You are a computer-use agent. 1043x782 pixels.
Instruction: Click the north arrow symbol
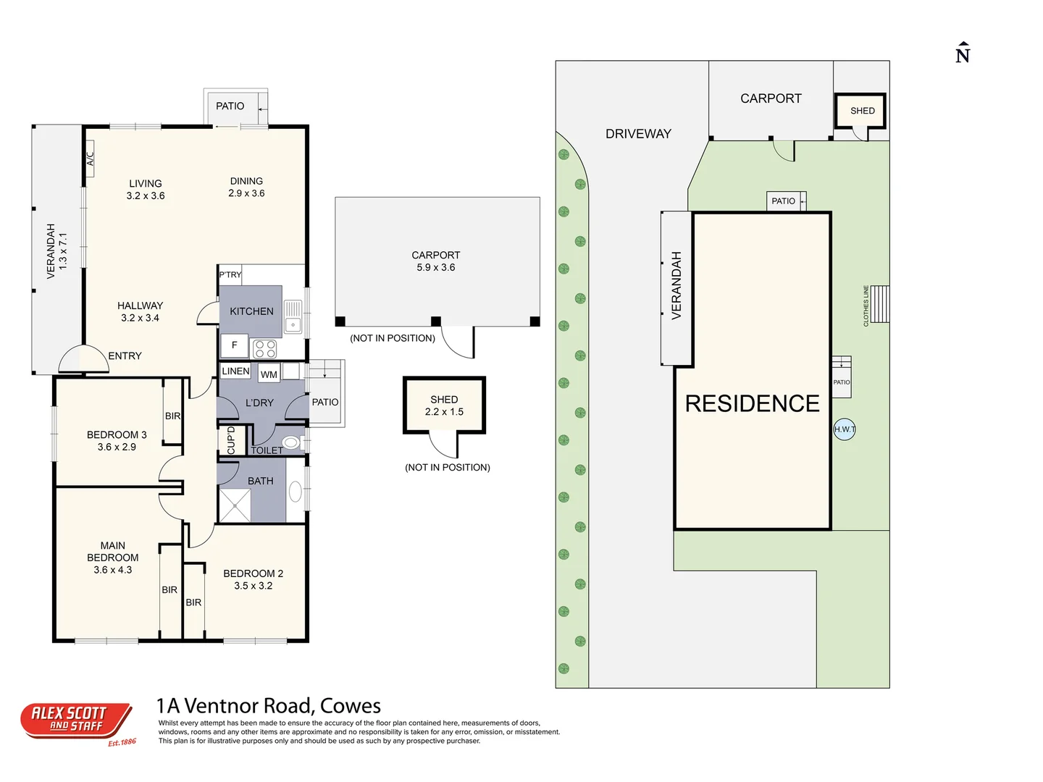[962, 53]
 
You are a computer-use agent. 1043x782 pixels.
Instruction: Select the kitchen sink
[293, 316]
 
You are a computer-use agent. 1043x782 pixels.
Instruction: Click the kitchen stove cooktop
[264, 349]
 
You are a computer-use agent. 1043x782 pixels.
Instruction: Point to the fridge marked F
[234, 345]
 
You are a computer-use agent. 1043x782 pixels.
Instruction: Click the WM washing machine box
[269, 374]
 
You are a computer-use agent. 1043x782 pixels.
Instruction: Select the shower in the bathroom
[235, 505]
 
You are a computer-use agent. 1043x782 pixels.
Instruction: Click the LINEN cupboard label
[235, 371]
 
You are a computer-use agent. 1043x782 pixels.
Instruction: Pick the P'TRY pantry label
[230, 274]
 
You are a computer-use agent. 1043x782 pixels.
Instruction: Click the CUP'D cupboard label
[231, 441]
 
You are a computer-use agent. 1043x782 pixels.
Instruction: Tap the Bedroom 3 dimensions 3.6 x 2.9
[117, 447]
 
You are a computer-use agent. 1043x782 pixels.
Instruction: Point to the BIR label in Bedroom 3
[173, 416]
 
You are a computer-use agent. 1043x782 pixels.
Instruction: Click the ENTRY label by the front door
[125, 356]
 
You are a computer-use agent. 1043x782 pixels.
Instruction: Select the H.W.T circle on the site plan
[845, 429]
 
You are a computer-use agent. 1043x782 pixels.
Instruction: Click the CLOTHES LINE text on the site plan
[866, 306]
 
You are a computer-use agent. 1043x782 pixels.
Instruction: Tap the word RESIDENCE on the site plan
[753, 403]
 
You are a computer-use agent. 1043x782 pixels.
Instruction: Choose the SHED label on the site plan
[863, 111]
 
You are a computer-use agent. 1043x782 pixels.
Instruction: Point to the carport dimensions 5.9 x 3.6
[436, 267]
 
